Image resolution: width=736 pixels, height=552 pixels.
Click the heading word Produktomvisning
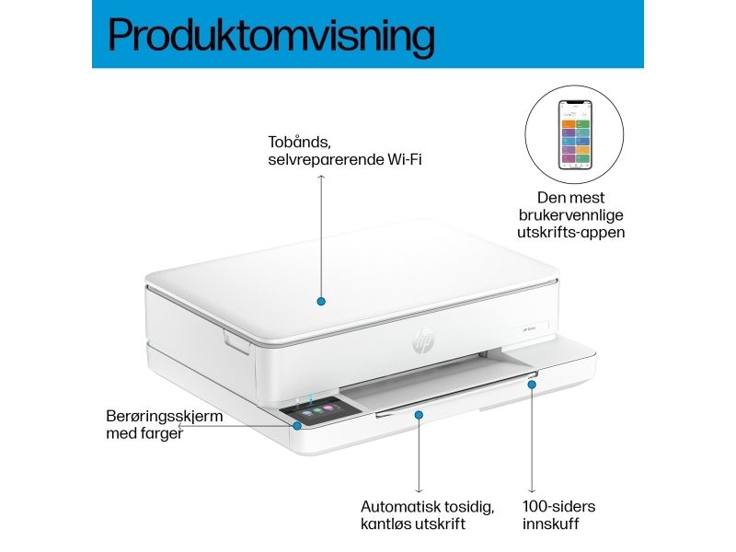pos(271,37)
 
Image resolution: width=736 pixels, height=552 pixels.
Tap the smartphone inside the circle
pos(575,134)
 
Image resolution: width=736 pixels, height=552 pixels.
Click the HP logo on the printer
pos(423,339)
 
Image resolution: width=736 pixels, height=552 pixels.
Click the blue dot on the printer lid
pos(321,302)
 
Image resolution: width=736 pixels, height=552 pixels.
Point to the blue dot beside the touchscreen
pos(297,426)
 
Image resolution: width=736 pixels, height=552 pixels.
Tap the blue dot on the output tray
pos(419,415)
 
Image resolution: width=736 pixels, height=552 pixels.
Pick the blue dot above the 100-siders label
pos(532,385)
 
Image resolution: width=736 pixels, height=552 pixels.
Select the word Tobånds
pos(296,142)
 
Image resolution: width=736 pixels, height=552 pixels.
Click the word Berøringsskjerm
pos(165,417)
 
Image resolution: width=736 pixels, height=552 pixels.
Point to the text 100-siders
pos(558,507)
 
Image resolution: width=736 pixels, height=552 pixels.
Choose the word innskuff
pos(550,523)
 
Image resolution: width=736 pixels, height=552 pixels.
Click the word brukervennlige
pos(570,215)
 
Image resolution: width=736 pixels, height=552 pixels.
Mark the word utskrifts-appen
pos(570,233)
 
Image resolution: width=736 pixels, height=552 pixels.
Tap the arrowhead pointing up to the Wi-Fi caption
pos(321,177)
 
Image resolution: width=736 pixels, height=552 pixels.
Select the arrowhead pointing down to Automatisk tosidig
pos(419,490)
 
